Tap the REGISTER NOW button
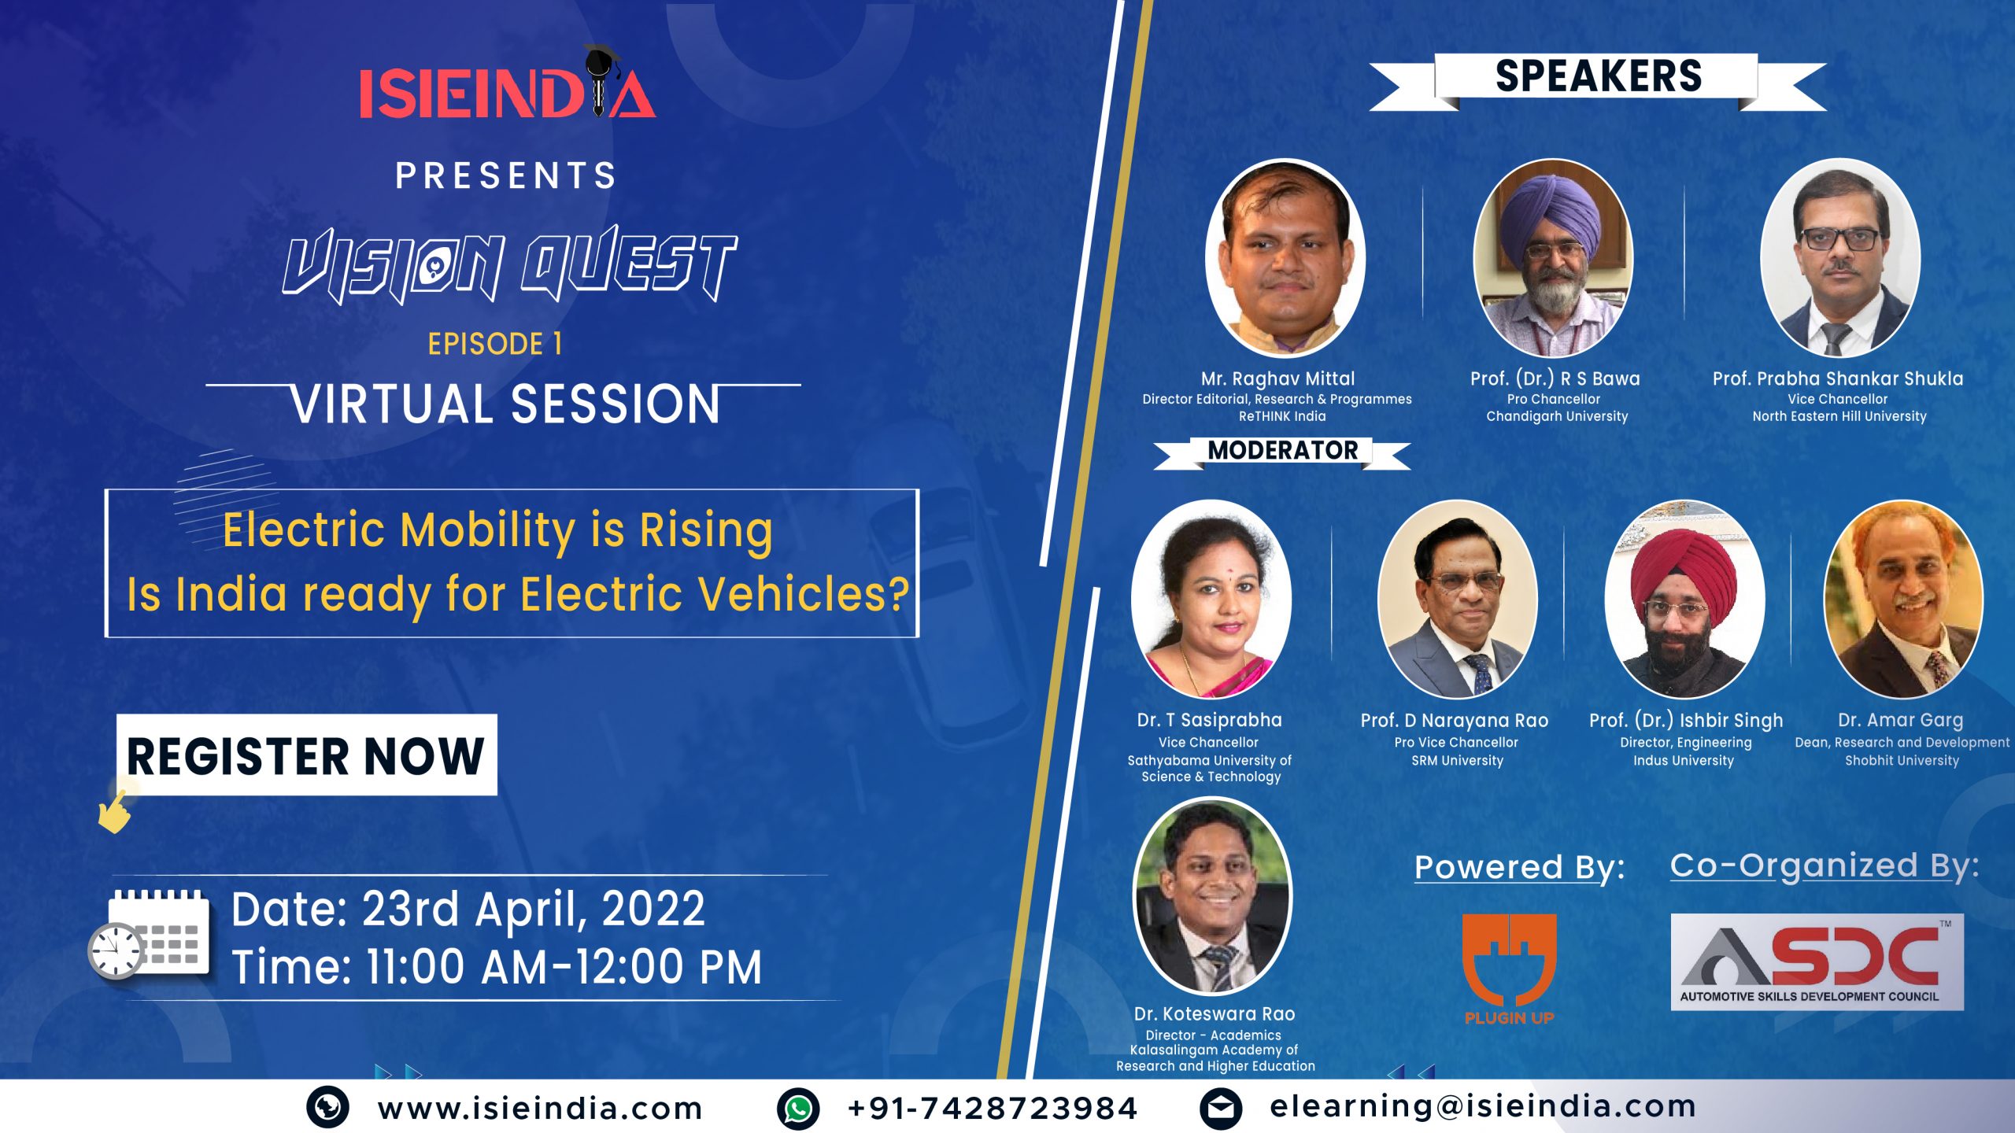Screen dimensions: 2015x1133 (307, 755)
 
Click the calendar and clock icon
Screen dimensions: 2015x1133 (149, 935)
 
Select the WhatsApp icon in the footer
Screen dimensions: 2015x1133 (798, 1109)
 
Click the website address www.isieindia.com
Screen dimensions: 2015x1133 (540, 1109)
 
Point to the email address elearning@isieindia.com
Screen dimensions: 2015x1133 (1483, 1107)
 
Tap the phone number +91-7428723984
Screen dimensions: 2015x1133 (993, 1109)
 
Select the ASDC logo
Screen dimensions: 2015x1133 (1817, 961)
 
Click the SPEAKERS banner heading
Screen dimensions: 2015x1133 (1598, 77)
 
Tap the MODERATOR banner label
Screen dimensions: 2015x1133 (1282, 451)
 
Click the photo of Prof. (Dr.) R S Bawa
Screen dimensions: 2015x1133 (1553, 258)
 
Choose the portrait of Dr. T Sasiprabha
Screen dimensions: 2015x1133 (1211, 599)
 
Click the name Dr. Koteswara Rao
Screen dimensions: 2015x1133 (1215, 1014)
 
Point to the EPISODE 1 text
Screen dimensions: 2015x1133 (495, 344)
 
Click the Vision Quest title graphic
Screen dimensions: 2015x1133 (510, 264)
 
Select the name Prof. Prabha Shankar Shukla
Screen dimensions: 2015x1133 (1838, 378)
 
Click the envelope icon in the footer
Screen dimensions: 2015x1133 (1221, 1109)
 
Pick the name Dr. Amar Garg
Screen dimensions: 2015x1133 (1901, 720)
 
